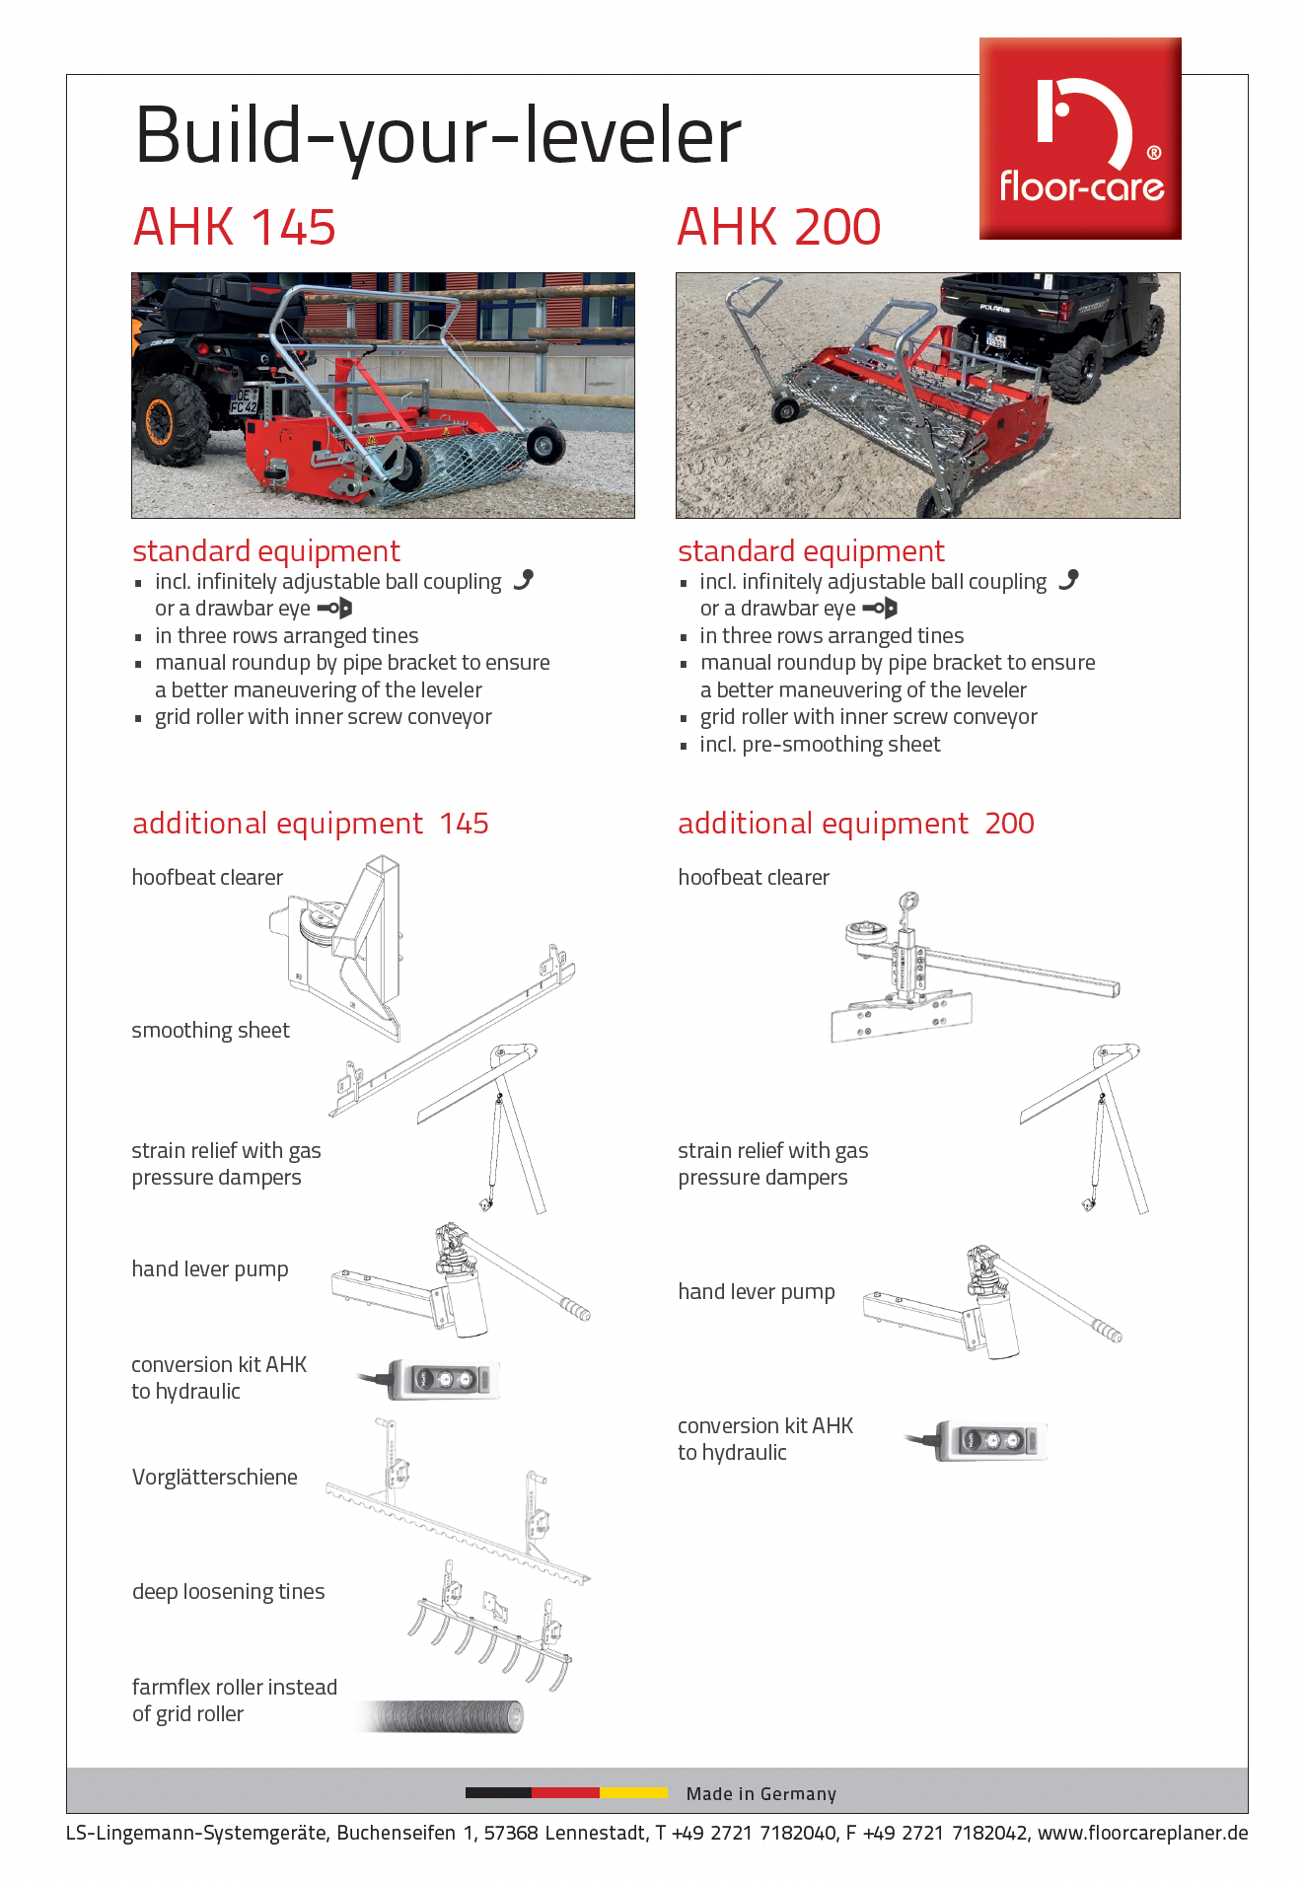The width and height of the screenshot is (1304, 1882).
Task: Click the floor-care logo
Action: pos(1080,138)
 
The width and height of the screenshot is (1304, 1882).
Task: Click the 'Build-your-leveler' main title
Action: pos(438,136)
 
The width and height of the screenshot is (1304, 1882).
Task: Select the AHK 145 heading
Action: pos(235,227)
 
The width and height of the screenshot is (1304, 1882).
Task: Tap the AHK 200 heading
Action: pos(778,227)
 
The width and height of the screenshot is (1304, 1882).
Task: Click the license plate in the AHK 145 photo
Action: pos(244,400)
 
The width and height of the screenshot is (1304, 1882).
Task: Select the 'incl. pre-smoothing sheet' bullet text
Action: pos(820,745)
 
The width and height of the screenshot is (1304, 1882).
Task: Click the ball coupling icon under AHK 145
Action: pos(524,580)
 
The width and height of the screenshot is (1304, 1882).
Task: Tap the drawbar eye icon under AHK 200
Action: pos(880,608)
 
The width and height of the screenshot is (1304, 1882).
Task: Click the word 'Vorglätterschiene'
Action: pos(215,1477)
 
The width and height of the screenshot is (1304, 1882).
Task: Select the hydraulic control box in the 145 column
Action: pos(444,1379)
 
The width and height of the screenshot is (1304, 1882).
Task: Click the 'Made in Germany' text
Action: pos(761,1793)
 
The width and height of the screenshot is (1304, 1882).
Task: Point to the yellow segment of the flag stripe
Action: pos(633,1792)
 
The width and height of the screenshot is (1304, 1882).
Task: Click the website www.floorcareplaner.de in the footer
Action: pos(1142,1833)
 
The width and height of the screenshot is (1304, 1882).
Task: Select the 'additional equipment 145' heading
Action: pos(311,824)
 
